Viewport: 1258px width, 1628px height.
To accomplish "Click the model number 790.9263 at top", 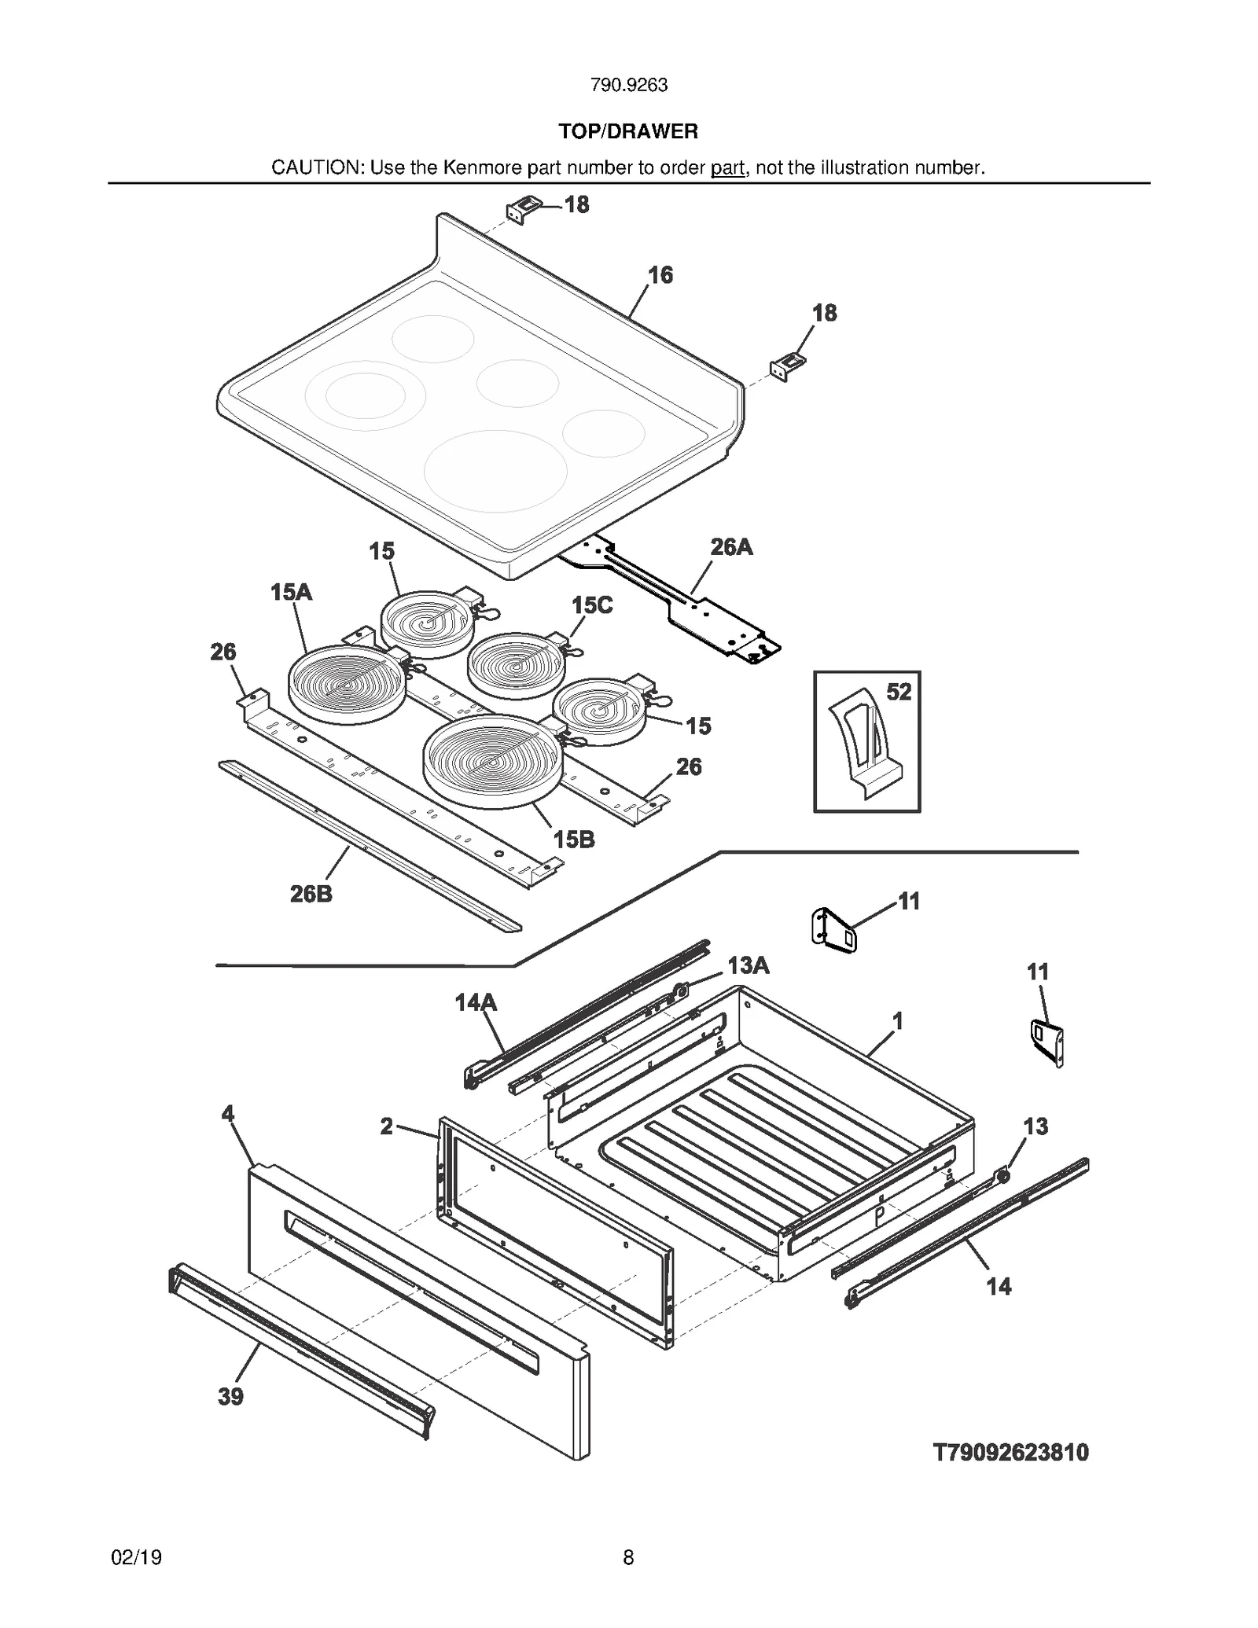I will coord(628,85).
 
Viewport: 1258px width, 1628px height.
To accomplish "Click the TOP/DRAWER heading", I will coord(628,131).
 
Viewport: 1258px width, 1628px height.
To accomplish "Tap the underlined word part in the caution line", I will coord(727,167).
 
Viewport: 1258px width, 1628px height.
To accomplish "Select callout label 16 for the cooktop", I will coord(660,274).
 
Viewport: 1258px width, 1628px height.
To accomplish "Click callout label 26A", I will coord(731,547).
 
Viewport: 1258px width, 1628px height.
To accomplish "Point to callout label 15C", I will coord(591,605).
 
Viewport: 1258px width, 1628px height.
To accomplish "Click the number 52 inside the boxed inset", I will coord(899,692).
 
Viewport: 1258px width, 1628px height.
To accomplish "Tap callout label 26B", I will coord(311,894).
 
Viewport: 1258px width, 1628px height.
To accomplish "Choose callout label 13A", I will coord(748,965).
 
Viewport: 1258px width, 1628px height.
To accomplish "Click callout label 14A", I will coord(476,1002).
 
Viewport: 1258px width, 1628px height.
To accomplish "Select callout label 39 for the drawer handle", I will coord(230,1397).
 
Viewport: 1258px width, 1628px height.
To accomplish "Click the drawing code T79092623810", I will coord(1010,1453).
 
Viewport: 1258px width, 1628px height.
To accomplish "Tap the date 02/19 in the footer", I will coord(137,1557).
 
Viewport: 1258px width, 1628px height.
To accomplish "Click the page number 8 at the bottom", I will coord(628,1557).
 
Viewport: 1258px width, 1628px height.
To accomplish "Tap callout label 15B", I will coord(574,840).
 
